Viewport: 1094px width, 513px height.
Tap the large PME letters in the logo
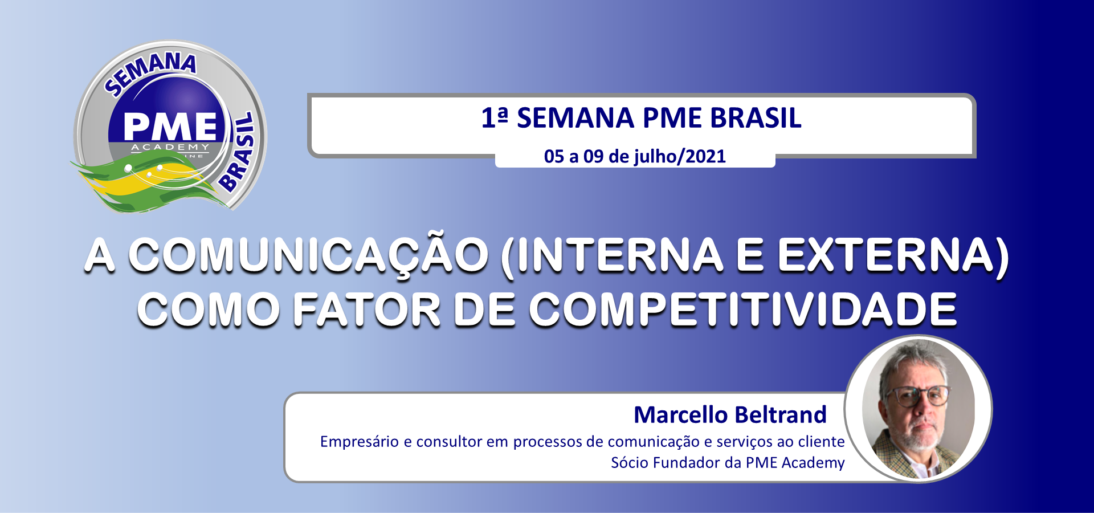coord(170,127)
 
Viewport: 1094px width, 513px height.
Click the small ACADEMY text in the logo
coord(170,147)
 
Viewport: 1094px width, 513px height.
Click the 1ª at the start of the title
coord(494,118)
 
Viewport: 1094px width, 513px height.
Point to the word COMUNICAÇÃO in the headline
coord(308,255)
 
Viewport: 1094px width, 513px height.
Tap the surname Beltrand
coord(779,414)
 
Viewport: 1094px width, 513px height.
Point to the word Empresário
coord(360,442)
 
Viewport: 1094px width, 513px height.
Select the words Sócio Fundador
coord(665,462)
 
